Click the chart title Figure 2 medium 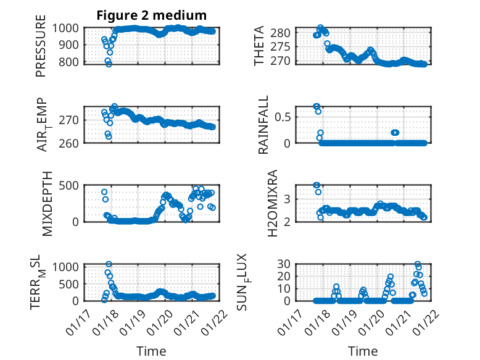tap(151, 15)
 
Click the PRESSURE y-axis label tap(41, 50)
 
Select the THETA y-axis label tap(259, 46)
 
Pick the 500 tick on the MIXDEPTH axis tap(69, 185)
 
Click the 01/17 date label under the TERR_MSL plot tap(85, 322)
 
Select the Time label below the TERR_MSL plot tap(152, 351)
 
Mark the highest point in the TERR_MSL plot tap(109, 264)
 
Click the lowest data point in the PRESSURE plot tap(109, 64)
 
